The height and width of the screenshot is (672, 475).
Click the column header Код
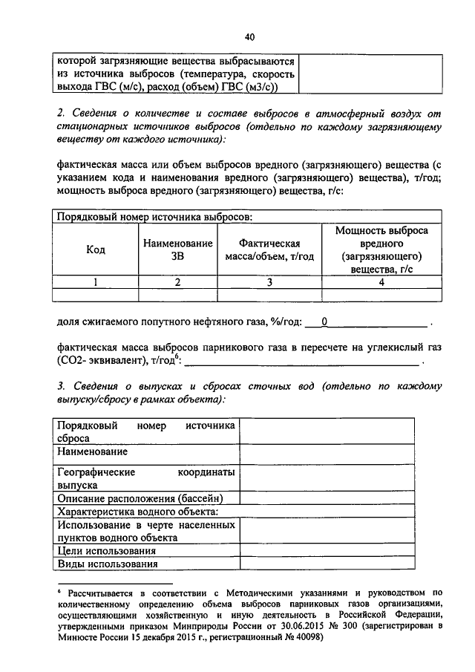point(96,250)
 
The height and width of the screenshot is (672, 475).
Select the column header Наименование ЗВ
point(177,250)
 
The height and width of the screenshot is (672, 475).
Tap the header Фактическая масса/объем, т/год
point(270,250)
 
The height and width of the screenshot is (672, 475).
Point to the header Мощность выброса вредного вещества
point(381,250)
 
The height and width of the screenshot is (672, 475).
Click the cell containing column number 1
point(96,281)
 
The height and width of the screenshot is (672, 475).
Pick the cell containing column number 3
point(270,281)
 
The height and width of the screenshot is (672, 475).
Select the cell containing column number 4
point(381,281)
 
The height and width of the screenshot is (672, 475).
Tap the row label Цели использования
point(106,551)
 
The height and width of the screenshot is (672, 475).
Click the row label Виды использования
point(108,564)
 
